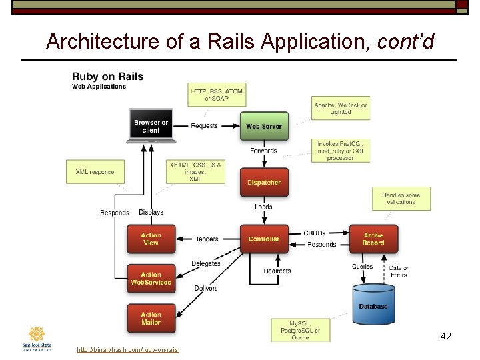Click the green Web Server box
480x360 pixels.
tap(264, 126)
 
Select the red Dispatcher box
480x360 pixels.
tap(264, 183)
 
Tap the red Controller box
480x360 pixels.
tap(264, 239)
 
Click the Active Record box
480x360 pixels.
tap(373, 239)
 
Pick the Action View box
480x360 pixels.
tap(151, 239)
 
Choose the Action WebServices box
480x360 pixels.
tap(151, 279)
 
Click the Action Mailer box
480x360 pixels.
tap(151, 318)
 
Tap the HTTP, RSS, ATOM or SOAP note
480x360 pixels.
tap(217, 95)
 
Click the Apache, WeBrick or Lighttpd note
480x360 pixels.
tap(341, 108)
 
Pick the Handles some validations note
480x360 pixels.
tap(401, 198)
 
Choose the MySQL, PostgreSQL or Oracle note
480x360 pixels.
tap(300, 330)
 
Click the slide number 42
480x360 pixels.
tap(446, 336)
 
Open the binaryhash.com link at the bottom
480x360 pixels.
tap(127, 350)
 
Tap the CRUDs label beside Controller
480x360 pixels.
tap(314, 233)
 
